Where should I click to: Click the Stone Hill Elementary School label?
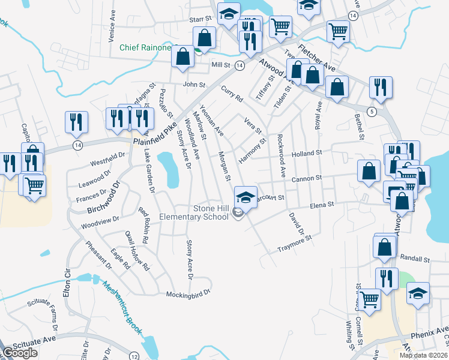point(194,212)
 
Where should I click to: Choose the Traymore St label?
point(295,244)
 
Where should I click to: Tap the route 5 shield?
point(372,112)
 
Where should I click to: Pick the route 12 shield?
point(134,356)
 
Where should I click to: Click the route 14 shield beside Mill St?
point(239,65)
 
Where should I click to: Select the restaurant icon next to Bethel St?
point(381,88)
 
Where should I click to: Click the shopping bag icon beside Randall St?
point(384,247)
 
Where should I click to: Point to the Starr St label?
point(201,20)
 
